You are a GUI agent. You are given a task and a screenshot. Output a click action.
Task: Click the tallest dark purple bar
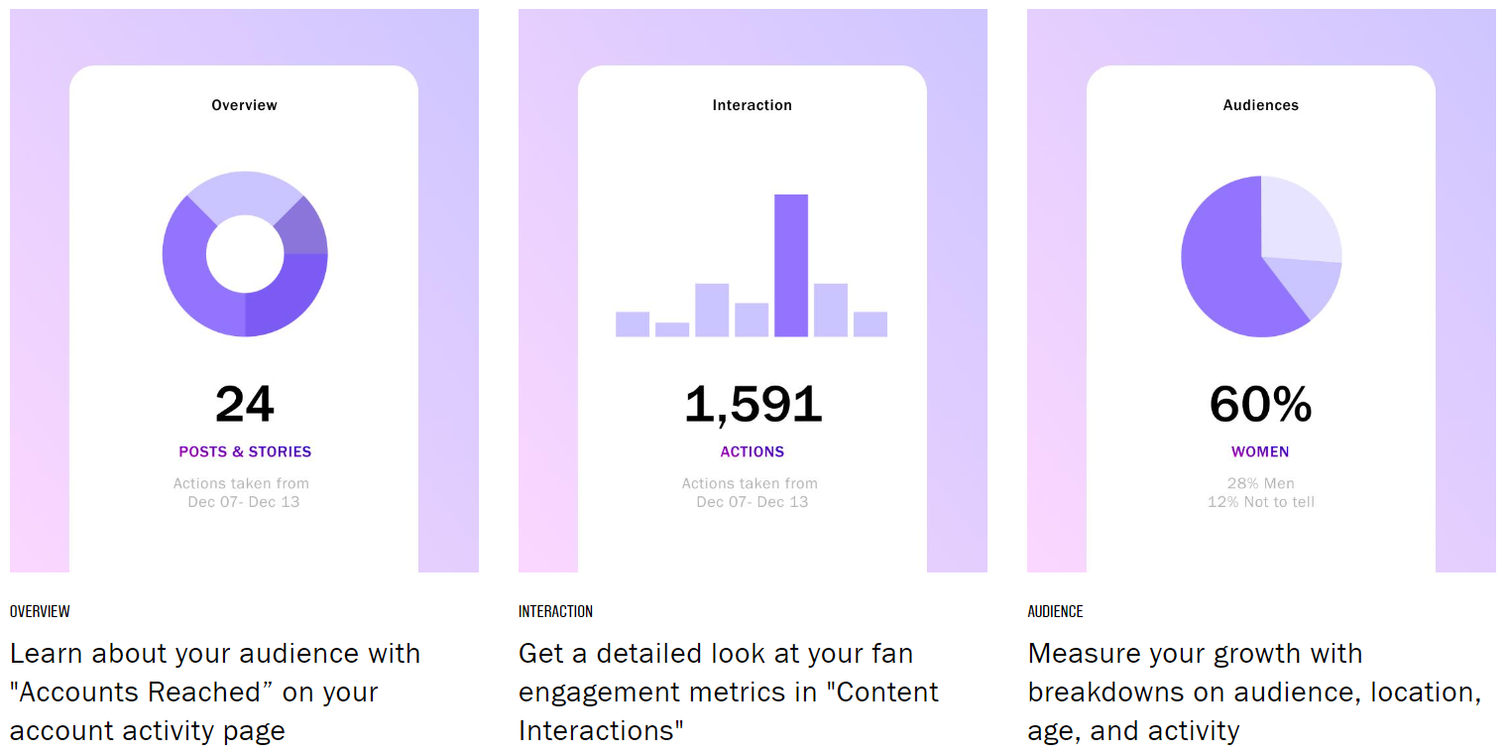point(790,266)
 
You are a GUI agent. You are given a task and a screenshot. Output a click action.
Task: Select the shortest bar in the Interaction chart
point(671,329)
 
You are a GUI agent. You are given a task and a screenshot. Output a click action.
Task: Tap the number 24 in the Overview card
point(245,405)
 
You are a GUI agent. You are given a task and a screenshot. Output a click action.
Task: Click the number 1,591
point(753,405)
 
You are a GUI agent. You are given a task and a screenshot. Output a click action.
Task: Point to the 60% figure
point(1260,405)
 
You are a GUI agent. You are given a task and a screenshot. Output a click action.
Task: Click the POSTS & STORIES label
point(245,451)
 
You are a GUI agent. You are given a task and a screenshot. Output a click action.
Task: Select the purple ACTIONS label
point(753,451)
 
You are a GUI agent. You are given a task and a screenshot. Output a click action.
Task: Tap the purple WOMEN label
point(1260,451)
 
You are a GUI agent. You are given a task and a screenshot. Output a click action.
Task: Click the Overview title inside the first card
point(245,105)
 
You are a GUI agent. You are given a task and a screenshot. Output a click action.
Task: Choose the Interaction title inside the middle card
point(753,105)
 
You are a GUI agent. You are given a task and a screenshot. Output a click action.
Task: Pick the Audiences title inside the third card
point(1260,105)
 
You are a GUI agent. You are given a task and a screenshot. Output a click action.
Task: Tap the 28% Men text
point(1260,484)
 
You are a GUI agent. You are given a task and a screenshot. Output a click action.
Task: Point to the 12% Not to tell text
point(1260,502)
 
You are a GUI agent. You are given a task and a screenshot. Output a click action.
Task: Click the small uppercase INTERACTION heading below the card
point(555,611)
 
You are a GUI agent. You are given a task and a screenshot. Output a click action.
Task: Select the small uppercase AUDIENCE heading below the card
point(1055,611)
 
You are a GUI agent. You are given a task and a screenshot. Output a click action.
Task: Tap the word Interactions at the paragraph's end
point(601,731)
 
